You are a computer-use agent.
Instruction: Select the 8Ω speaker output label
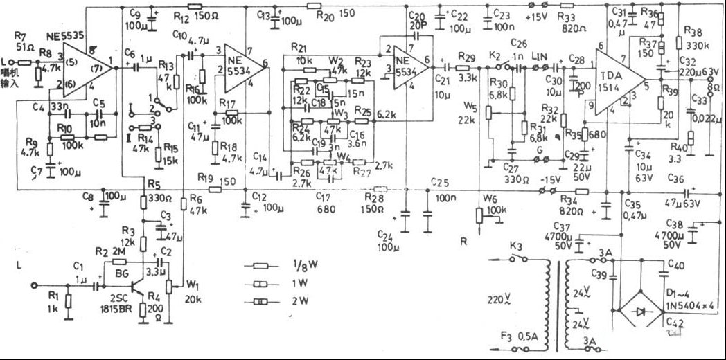point(713,89)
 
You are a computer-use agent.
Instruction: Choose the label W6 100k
point(494,205)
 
